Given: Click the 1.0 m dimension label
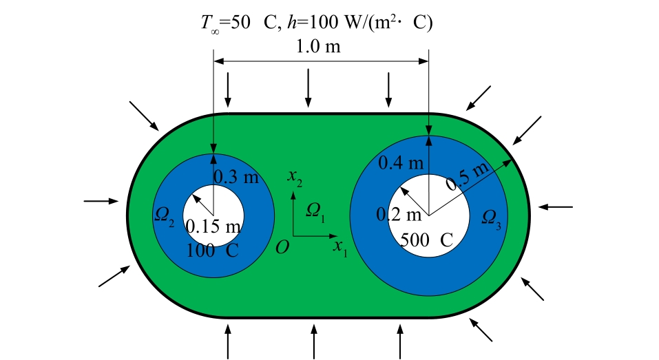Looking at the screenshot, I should click(318, 48).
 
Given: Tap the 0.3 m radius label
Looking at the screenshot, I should click(236, 177).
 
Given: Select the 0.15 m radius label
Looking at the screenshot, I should click(214, 226).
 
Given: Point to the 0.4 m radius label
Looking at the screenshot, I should click(401, 163).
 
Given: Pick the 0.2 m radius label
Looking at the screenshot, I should click(399, 215).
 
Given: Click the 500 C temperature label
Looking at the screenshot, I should click(427, 240).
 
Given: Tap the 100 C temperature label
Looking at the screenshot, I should click(213, 250).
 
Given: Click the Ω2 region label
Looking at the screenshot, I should click(165, 218).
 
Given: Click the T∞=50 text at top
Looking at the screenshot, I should click(224, 23).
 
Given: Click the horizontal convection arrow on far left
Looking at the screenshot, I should click(101, 201).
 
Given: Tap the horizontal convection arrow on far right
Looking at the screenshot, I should click(555, 206).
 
